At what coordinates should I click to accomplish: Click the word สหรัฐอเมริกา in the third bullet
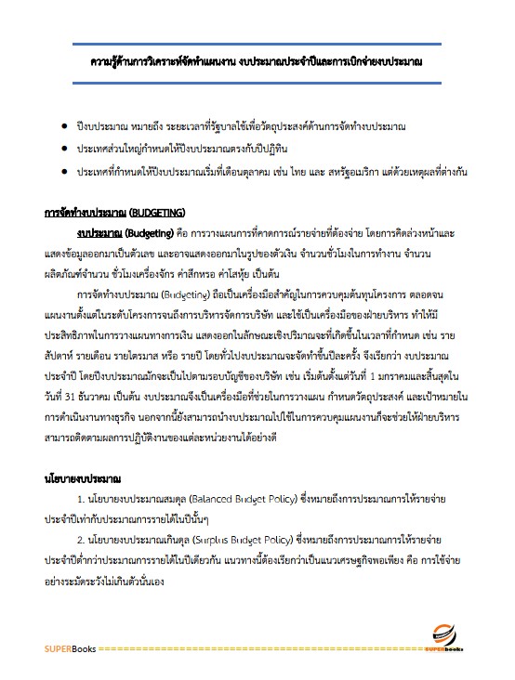click(x=342, y=173)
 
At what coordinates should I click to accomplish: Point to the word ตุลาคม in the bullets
click(x=252, y=173)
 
